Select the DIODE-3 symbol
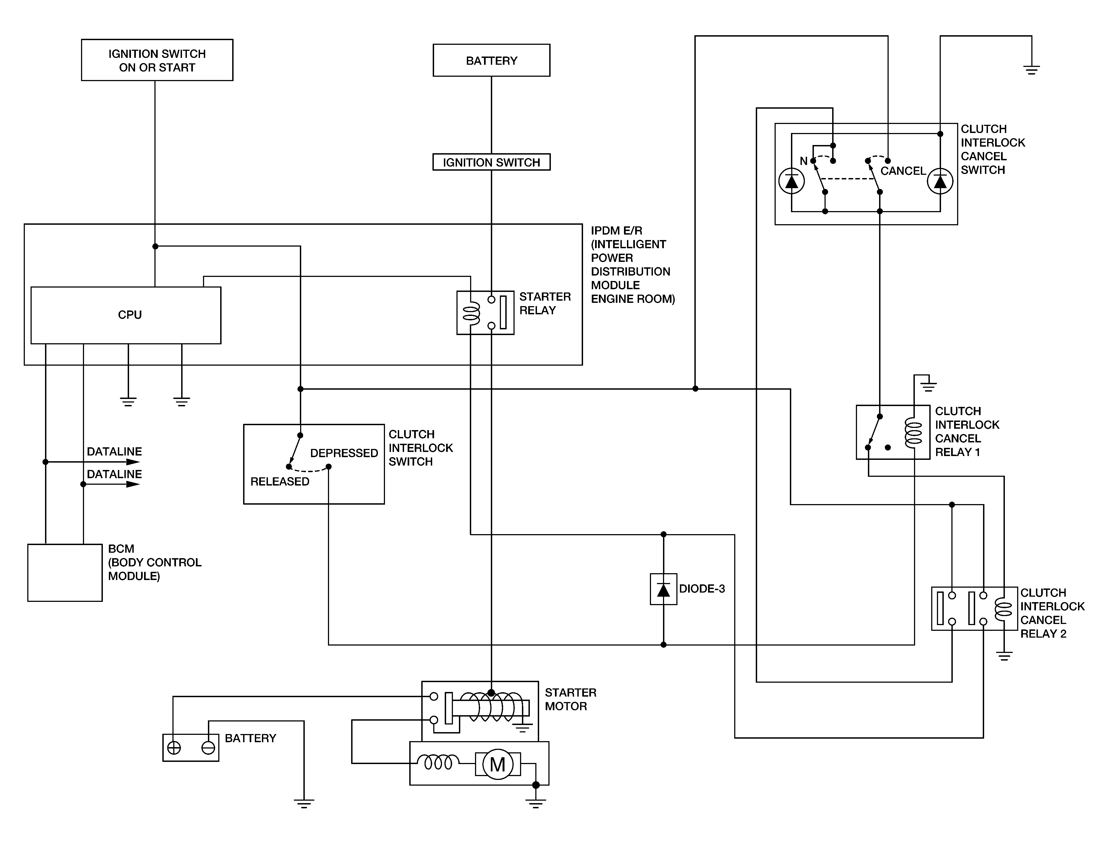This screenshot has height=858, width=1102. (663, 589)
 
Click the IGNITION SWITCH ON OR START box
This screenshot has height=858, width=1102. (157, 60)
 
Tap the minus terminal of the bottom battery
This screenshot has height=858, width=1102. (208, 748)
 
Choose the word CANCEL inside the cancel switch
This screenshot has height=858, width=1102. (903, 171)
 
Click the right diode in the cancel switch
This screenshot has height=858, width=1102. (940, 181)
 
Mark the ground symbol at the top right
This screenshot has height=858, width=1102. (1031, 70)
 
